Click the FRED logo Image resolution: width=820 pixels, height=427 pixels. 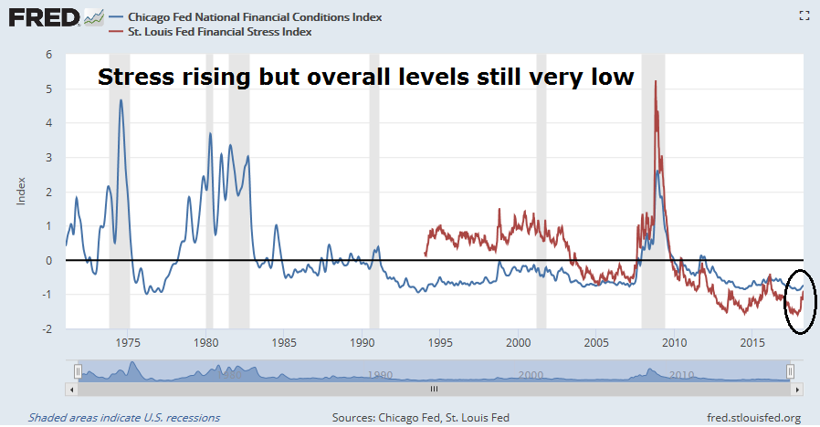42,17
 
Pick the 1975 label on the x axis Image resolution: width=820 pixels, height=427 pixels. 129,343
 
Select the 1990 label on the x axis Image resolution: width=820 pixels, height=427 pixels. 363,343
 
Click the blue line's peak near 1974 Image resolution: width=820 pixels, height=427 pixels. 121,100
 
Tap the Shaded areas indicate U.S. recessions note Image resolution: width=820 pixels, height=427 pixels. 122,418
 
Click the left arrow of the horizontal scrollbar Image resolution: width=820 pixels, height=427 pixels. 71,388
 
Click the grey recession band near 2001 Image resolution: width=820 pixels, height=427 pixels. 541,192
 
